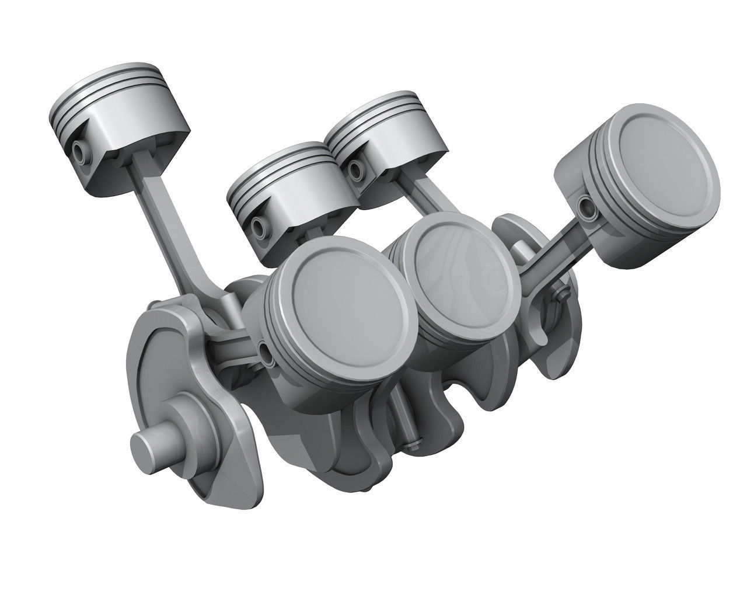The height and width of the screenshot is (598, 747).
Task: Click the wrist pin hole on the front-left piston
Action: tap(267, 352)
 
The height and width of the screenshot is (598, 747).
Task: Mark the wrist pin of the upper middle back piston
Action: tap(353, 170)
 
